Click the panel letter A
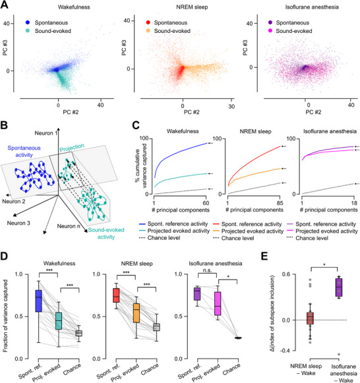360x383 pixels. pyautogui.click(x=5, y=5)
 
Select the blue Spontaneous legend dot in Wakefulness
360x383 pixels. pyautogui.click(x=28, y=22)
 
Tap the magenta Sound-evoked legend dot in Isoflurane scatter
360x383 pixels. pyautogui.click(x=270, y=31)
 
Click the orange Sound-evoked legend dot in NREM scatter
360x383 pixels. pyautogui.click(x=148, y=31)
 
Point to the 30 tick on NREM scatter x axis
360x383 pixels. pyautogui.click(x=231, y=107)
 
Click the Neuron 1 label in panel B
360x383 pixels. pyautogui.click(x=46, y=133)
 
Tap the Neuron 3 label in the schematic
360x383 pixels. pyautogui.click(x=18, y=223)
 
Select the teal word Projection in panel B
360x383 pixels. pyautogui.click(x=72, y=148)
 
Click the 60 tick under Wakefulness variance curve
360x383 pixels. pyautogui.click(x=206, y=203)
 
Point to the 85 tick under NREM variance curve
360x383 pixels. pyautogui.click(x=280, y=203)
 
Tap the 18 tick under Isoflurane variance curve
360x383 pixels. pyautogui.click(x=354, y=203)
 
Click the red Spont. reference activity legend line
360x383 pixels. pyautogui.click(x=216, y=223)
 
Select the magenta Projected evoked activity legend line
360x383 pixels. pyautogui.click(x=290, y=231)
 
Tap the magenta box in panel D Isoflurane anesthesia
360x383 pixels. pyautogui.click(x=218, y=303)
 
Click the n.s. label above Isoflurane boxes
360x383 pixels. pyautogui.click(x=207, y=270)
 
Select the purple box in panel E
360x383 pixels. pyautogui.click(x=339, y=287)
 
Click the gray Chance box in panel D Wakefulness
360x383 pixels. pyautogui.click(x=78, y=333)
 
